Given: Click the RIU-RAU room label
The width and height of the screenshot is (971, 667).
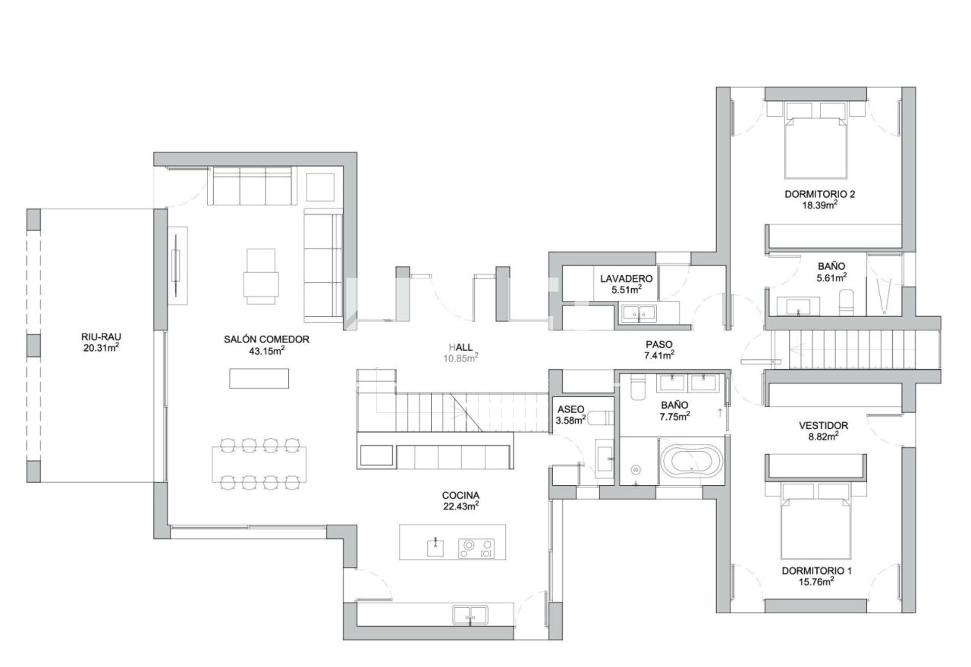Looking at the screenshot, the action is point(101,337).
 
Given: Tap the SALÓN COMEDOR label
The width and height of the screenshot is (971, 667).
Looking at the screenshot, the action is point(266,340).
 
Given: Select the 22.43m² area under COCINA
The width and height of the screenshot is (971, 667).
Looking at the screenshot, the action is point(460,506).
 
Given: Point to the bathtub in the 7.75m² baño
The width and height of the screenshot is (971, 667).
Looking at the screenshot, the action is point(691,460).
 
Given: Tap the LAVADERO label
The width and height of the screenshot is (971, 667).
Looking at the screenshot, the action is point(627,279).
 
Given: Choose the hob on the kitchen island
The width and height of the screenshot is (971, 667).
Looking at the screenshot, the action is point(476,548).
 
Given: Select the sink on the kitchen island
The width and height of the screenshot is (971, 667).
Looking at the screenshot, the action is point(435,547).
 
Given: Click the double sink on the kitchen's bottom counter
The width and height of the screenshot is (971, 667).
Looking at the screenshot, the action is point(470,615).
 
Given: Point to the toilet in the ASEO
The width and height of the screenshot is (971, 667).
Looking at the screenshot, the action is point(603,418).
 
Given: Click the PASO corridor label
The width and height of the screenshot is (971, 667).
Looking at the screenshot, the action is point(659,344).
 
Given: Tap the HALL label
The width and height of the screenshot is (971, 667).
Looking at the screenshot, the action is point(460,347).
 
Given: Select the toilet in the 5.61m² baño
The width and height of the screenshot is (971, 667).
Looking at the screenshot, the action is point(846,302).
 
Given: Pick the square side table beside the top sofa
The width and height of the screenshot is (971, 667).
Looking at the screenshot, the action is point(320,186).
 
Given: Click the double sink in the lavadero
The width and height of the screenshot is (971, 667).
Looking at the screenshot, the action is point(639,313).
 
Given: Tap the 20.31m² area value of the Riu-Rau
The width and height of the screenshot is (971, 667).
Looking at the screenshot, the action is point(101,347).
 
